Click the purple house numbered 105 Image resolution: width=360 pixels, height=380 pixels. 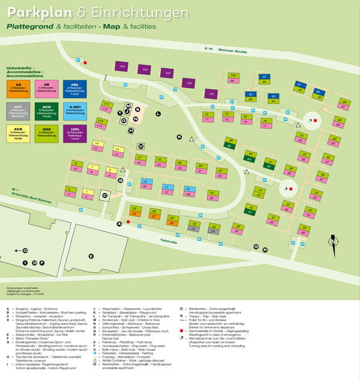tap(122, 66)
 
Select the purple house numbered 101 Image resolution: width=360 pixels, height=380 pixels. tap(211, 94)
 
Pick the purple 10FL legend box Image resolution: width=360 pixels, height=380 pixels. tap(75, 134)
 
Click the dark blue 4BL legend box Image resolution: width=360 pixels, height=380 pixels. tap(75, 89)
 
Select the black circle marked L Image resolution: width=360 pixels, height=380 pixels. tap(158, 113)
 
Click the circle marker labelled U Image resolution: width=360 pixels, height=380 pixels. tap(141, 146)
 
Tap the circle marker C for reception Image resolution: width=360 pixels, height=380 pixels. tap(104, 195)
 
